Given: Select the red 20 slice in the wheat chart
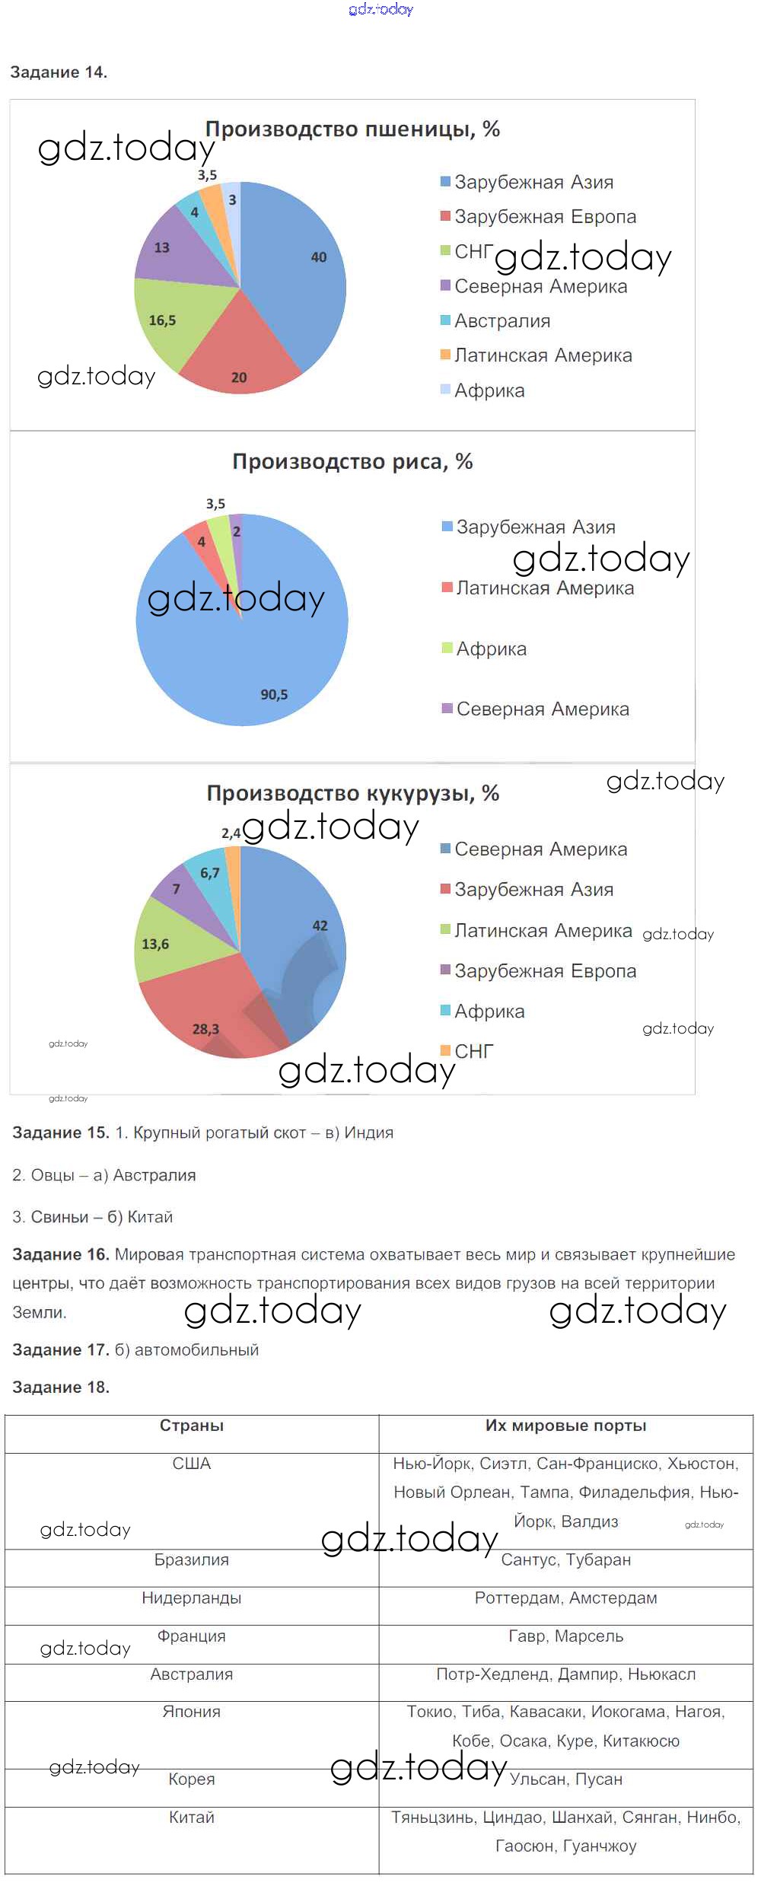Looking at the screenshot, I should click(x=240, y=358).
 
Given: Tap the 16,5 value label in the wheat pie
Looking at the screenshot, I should click(x=162, y=320).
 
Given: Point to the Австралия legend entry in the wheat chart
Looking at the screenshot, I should click(x=501, y=321).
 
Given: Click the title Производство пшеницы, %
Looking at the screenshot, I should click(x=352, y=129).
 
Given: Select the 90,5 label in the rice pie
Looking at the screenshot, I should click(x=274, y=695).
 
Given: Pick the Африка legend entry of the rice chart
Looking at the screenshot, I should click(x=491, y=649).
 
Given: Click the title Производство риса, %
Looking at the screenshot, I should click(x=352, y=462).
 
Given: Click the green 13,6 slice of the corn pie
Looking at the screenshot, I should click(x=164, y=945).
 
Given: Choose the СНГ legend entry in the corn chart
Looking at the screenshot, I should click(x=473, y=1052).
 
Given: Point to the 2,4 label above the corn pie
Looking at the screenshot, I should click(x=231, y=833).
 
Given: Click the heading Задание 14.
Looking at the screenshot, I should click(x=59, y=72).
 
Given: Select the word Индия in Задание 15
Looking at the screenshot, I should click(x=369, y=1133).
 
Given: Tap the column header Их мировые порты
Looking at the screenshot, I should click(x=565, y=1426).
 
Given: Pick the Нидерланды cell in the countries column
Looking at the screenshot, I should click(x=192, y=1598).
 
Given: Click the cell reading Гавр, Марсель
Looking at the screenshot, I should click(x=565, y=1636).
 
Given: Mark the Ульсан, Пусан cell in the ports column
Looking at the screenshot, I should click(x=565, y=1779).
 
